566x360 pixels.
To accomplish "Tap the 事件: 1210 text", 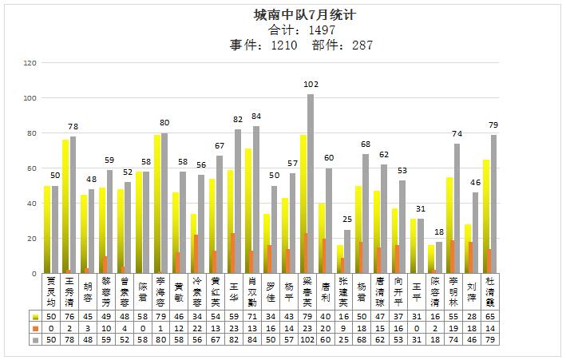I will pos(264,45).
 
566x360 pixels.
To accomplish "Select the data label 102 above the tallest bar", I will pos(311,85).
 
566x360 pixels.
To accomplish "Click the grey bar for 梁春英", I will pos(311,184).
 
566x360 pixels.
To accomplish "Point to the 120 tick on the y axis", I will pos(30,63).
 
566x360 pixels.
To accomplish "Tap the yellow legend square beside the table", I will pos(34,317).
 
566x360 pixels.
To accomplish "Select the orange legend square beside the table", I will pos(34,328).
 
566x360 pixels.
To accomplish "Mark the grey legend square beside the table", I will pos(34,339).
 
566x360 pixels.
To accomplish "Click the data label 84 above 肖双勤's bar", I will pos(255,117).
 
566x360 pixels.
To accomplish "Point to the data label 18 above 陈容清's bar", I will pos(439,232).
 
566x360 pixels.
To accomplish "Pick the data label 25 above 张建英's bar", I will pos(347,220).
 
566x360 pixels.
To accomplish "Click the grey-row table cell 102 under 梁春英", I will pos(310,339).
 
